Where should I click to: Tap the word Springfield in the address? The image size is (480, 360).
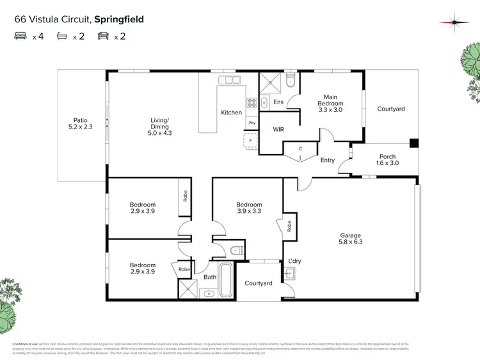click(x=119, y=19)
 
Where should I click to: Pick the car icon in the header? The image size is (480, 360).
click(x=102, y=36)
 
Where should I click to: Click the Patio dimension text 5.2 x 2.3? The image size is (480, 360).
click(x=80, y=127)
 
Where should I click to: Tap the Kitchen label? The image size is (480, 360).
click(x=232, y=113)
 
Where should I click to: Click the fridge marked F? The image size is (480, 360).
click(x=251, y=139)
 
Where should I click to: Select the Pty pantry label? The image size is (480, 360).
click(x=252, y=122)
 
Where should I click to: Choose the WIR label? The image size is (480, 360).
click(x=278, y=130)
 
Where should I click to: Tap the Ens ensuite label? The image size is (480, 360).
click(x=278, y=102)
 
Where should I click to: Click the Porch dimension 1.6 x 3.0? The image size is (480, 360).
click(x=387, y=163)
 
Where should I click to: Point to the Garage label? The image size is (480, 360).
click(x=350, y=235)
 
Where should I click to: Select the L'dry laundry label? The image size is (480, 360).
click(x=294, y=260)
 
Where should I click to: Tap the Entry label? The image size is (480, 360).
click(x=327, y=160)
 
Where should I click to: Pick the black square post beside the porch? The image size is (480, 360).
click(x=414, y=143)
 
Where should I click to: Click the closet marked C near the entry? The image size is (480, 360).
click(x=301, y=149)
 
